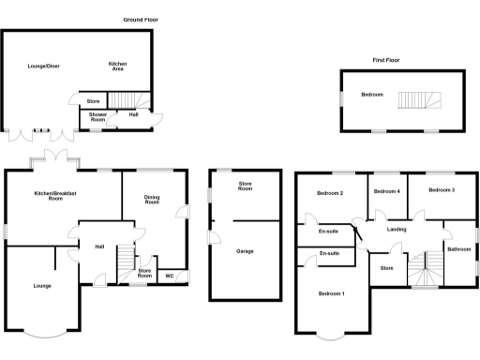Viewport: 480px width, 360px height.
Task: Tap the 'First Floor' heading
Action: [386, 59]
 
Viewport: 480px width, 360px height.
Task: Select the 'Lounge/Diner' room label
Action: [43, 66]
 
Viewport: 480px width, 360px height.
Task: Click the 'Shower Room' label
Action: [98, 117]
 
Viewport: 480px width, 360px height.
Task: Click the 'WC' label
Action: [170, 276]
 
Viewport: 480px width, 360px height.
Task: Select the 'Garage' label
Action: [245, 251]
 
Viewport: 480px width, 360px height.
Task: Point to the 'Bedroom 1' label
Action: [331, 294]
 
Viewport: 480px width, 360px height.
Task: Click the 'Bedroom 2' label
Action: [329, 193]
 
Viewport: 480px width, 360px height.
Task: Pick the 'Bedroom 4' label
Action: [386, 191]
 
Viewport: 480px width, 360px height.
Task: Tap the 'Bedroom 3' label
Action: [442, 190]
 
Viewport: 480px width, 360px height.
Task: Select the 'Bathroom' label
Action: [458, 249]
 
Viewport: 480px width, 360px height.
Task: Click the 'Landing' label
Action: [396, 230]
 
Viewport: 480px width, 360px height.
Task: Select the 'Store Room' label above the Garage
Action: [246, 187]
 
